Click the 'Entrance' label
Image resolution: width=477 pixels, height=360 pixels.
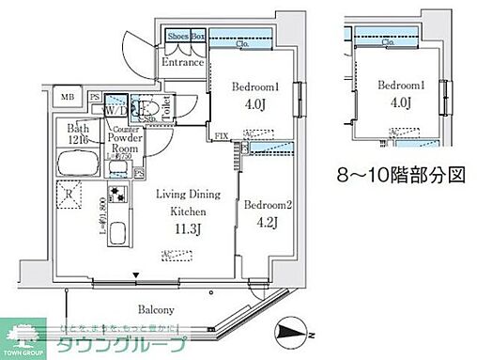pos(183,64)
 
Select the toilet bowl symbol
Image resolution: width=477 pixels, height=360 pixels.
pos(148,112)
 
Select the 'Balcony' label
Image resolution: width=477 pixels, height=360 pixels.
pos(137,309)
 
